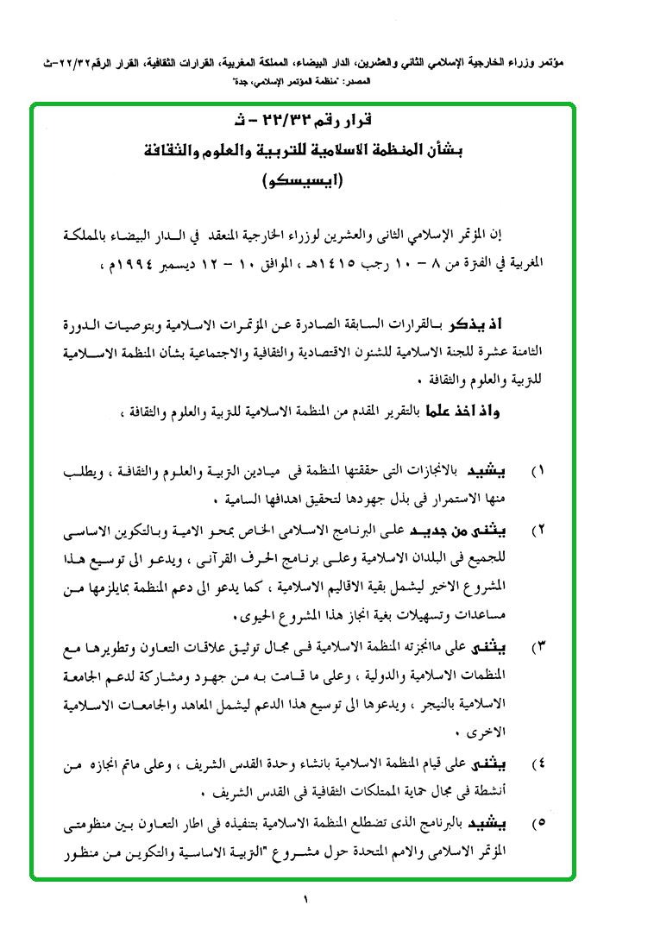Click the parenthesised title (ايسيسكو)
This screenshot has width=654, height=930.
point(303,180)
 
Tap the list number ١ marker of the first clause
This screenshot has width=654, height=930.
point(542,473)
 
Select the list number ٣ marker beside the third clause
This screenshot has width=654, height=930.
point(541,647)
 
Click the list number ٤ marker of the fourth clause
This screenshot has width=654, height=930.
point(541,764)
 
